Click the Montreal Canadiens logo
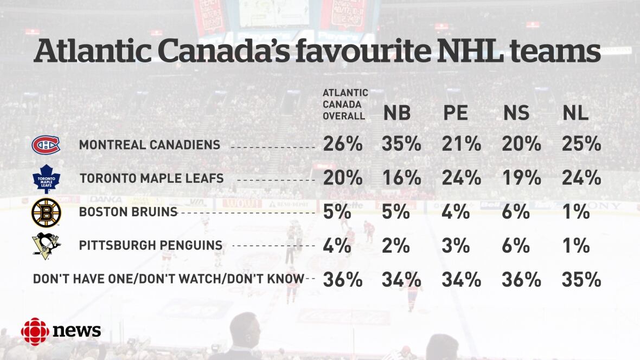(46, 145)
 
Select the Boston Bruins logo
(46, 213)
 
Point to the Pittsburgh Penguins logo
(46, 246)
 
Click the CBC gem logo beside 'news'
(35, 331)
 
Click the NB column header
(397, 113)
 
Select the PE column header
(456, 113)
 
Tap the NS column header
(516, 113)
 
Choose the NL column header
(575, 113)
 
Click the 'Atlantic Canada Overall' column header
(345, 105)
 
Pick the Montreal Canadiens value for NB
(401, 144)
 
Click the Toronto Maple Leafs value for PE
(461, 178)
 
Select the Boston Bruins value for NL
(575, 212)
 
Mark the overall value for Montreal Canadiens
(343, 144)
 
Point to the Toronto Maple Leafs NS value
(521, 178)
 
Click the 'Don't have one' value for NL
(581, 279)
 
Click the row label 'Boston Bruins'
(128, 212)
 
